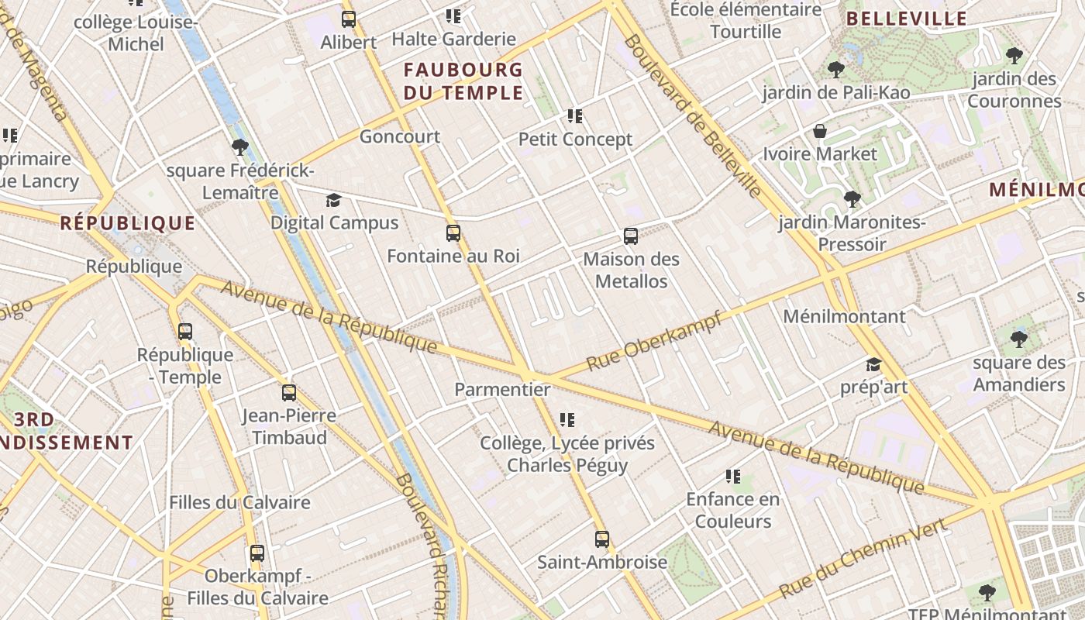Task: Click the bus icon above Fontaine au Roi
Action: pyautogui.click(x=453, y=232)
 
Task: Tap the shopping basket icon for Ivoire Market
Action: pyautogui.click(x=819, y=131)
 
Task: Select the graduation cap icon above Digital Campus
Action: pyautogui.click(x=333, y=201)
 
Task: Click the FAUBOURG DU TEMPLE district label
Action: pyautogui.click(x=463, y=81)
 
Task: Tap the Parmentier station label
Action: pyautogui.click(x=502, y=389)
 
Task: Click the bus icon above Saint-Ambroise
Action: pyautogui.click(x=602, y=539)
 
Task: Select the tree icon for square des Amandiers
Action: pyautogui.click(x=1019, y=339)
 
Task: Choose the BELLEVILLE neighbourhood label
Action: pyautogui.click(x=907, y=19)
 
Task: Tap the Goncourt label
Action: pyautogui.click(x=399, y=137)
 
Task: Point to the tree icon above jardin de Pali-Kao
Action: pyautogui.click(x=835, y=70)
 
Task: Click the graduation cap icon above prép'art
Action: pyautogui.click(x=873, y=364)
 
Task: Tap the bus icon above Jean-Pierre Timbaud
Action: pyautogui.click(x=289, y=393)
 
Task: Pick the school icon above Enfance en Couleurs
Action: pyautogui.click(x=733, y=476)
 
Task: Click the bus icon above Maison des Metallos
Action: pyautogui.click(x=631, y=236)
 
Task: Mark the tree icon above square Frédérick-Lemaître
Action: pyautogui.click(x=239, y=146)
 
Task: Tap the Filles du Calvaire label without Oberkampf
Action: pyautogui.click(x=239, y=502)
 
